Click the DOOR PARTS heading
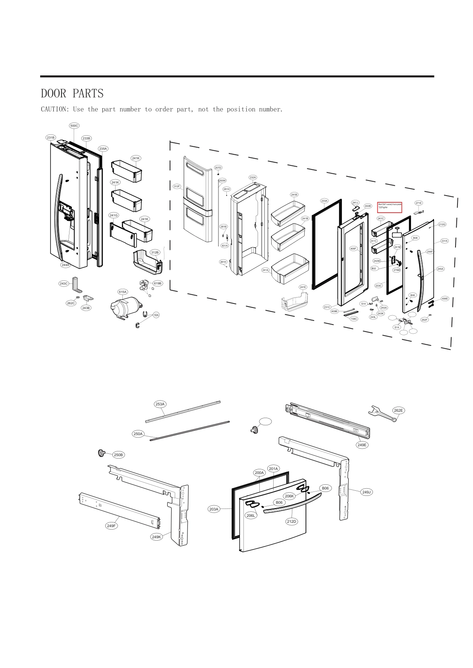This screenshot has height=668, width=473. (x=72, y=94)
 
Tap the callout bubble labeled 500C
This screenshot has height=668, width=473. (x=74, y=126)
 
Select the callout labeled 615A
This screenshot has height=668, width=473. (x=123, y=292)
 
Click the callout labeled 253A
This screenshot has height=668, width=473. (x=160, y=404)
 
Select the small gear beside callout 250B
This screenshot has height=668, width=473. (x=103, y=453)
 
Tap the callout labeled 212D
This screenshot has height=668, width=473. (x=292, y=521)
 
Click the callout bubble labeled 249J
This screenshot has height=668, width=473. (x=366, y=492)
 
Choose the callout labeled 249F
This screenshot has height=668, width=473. (x=112, y=526)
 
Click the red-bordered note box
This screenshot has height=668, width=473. (x=390, y=207)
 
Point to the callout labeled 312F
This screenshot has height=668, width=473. (x=177, y=186)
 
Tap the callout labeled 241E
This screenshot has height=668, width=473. (x=303, y=287)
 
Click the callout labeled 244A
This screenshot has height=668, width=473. (x=65, y=265)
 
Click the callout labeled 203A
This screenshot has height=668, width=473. (x=214, y=509)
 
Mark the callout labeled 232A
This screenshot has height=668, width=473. (x=253, y=177)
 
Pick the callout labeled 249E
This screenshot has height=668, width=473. (x=362, y=445)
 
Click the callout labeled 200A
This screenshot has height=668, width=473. (x=259, y=473)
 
